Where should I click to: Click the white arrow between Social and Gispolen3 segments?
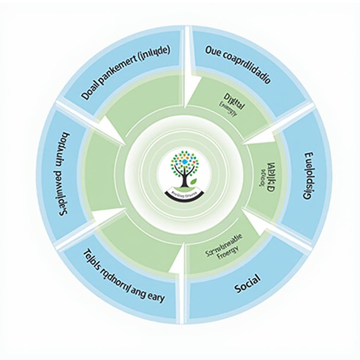point(260,225)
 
